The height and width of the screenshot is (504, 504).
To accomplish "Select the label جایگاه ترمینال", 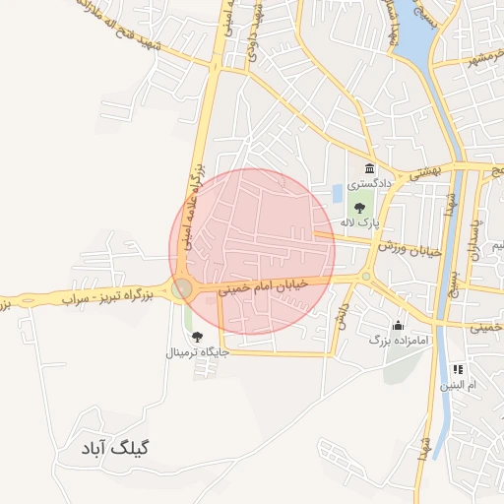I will click(x=199, y=351).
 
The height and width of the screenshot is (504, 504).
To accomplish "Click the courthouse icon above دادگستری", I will click(x=369, y=168).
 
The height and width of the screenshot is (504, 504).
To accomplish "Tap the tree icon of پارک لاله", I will click(x=360, y=208).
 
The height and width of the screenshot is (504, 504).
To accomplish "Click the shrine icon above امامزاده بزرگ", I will click(x=398, y=325).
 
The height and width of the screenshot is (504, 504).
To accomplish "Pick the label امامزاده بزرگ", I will click(x=395, y=340).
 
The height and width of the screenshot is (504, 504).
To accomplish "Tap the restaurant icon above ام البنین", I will click(x=458, y=369).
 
